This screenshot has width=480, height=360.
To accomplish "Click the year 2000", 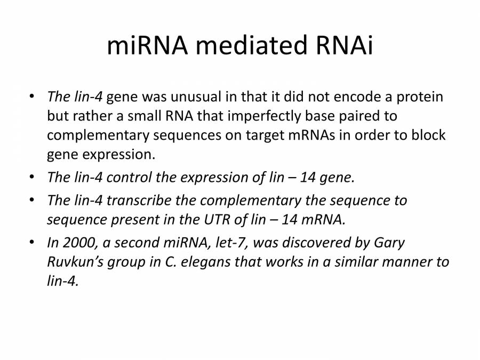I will coord(77,243).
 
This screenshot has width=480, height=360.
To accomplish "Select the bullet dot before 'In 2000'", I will coord(33,243).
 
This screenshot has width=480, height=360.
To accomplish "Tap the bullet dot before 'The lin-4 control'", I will coord(33,178).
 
